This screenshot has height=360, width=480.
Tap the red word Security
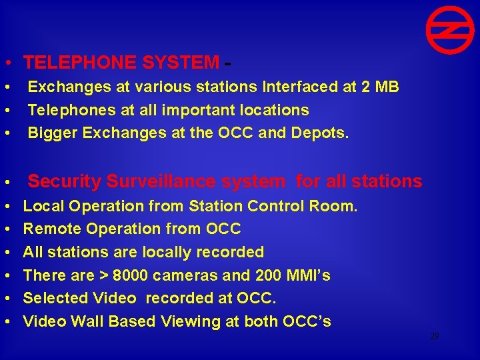[x=64, y=181]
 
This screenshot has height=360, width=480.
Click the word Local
[x=43, y=207]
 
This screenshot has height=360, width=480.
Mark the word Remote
[x=49, y=229]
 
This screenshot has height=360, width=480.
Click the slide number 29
[x=434, y=337]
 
